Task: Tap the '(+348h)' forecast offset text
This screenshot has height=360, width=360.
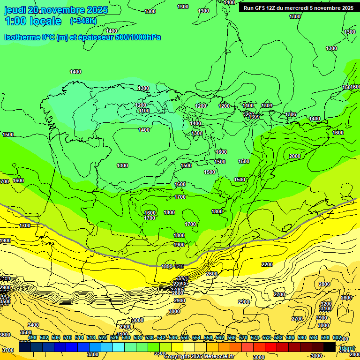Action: tap(83, 21)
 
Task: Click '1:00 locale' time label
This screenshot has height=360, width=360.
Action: tap(33, 21)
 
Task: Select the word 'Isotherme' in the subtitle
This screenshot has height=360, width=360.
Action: tap(22, 37)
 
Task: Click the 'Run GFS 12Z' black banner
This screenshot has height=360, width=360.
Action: tap(299, 8)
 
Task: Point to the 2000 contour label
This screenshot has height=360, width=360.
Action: tap(295, 156)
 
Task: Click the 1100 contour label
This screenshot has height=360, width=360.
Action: tap(144, 111)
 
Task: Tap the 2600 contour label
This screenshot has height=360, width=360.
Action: tap(212, 274)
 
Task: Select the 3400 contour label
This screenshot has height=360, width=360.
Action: tap(33, 325)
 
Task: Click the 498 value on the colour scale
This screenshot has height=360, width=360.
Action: tap(32, 337)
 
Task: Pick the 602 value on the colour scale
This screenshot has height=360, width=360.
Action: tap(337, 337)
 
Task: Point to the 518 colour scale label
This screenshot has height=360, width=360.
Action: tap(91, 337)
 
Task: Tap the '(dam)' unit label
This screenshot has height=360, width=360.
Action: tap(347, 348)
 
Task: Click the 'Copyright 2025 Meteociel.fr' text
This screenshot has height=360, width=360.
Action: tap(199, 357)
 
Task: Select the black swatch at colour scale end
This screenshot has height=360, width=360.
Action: tap(330, 347)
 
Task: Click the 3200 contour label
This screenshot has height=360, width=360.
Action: tap(326, 304)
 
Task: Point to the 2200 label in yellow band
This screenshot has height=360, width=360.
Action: tap(267, 265)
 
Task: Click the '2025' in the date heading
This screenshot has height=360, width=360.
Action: tap(97, 10)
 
